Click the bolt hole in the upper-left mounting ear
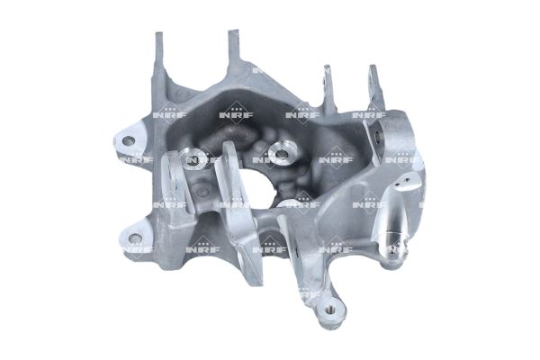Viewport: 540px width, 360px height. pyautogui.click(x=129, y=140)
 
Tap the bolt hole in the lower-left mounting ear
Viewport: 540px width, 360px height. pyautogui.click(x=135, y=238)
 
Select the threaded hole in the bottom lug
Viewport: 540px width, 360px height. pyautogui.click(x=330, y=310)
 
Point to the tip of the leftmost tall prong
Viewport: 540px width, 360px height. pyautogui.click(x=159, y=33)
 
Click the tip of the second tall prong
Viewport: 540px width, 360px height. pyautogui.click(x=233, y=31)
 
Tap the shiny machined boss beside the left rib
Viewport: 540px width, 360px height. pyautogui.click(x=193, y=158)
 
